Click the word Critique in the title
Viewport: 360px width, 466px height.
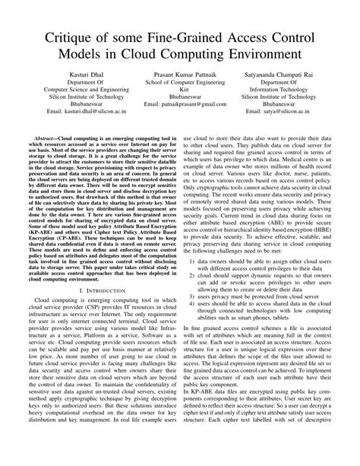click(x=72, y=37)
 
